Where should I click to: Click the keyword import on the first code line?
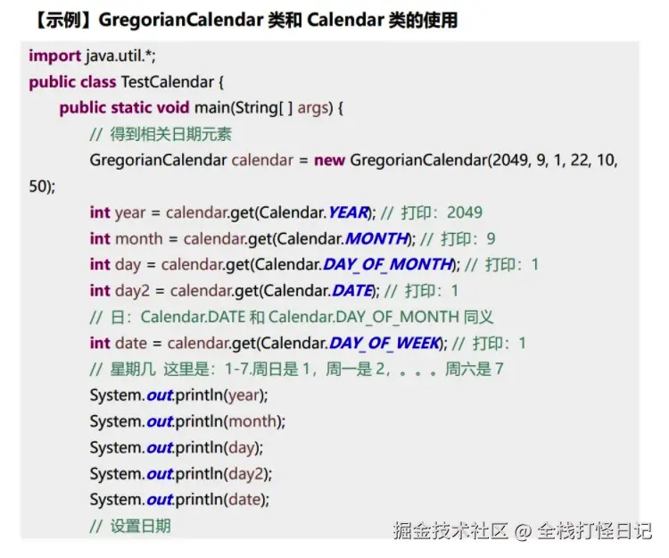pos(54,56)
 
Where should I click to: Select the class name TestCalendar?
pos(168,82)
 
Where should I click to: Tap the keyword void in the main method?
pos(173,108)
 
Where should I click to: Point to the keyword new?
pos(329,161)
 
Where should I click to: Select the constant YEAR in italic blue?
pos(348,212)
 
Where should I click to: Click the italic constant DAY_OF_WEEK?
pos(384,343)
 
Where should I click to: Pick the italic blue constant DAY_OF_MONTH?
pos(387,264)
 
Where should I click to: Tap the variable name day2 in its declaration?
pos(132,291)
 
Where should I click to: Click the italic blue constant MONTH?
pos(376,238)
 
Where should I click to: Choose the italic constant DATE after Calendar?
pos(352,291)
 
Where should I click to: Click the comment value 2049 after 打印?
pos(465,212)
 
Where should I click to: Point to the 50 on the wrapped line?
pos(37,187)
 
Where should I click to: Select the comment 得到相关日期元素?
pos(170,135)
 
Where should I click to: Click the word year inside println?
pos(244,396)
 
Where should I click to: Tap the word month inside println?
pos(252,421)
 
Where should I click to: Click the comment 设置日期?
pos(140,526)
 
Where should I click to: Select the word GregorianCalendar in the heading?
pos(181,20)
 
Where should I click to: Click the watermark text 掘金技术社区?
pos(450,530)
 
